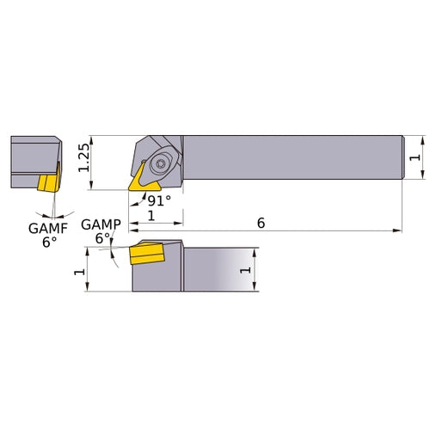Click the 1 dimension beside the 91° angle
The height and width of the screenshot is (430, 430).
[x=151, y=218]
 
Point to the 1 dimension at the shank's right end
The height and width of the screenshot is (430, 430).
[x=416, y=157]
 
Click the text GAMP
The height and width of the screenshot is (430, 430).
[x=97, y=225]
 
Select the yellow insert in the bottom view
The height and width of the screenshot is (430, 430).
[x=146, y=255]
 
